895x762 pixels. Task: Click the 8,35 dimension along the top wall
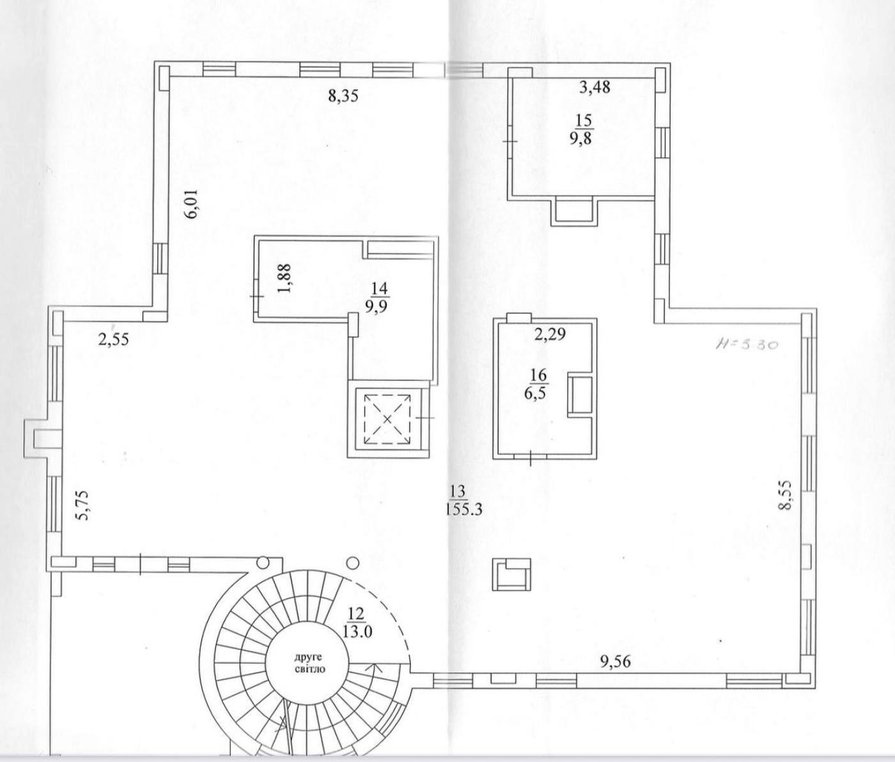pyautogui.click(x=343, y=96)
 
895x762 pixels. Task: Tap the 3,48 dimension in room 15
pyautogui.click(x=595, y=87)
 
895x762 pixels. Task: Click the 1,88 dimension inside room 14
pyautogui.click(x=286, y=278)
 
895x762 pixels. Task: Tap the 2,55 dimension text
pyautogui.click(x=113, y=339)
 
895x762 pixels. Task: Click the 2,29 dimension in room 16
pyautogui.click(x=550, y=334)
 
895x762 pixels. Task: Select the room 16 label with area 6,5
pyautogui.click(x=536, y=387)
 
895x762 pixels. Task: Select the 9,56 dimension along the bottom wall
pyautogui.click(x=615, y=662)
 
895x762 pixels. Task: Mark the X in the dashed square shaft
pyautogui.click(x=387, y=419)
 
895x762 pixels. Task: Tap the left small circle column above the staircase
pyautogui.click(x=262, y=562)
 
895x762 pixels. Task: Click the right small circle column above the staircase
pyautogui.click(x=353, y=562)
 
